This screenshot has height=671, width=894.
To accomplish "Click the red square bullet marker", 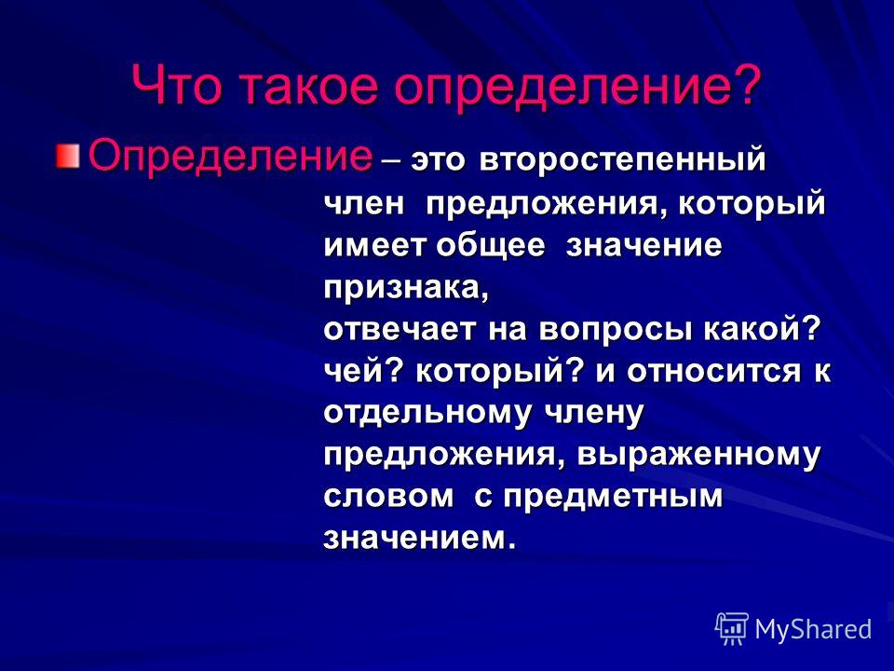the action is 67,157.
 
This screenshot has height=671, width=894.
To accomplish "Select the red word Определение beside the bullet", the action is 230,157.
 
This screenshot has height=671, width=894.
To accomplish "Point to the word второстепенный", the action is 623,160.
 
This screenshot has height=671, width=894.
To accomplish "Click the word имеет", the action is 375,245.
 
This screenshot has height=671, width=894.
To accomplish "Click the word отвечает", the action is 400,330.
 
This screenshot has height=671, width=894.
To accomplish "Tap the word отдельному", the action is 427,413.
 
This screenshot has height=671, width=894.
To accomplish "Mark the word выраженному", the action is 699,456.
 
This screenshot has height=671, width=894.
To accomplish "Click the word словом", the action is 389,497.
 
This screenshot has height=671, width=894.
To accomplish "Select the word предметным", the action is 613,497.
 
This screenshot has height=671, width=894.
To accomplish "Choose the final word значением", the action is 420,539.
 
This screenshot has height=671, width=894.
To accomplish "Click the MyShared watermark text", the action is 813,629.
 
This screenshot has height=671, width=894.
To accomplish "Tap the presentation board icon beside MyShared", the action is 732,629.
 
